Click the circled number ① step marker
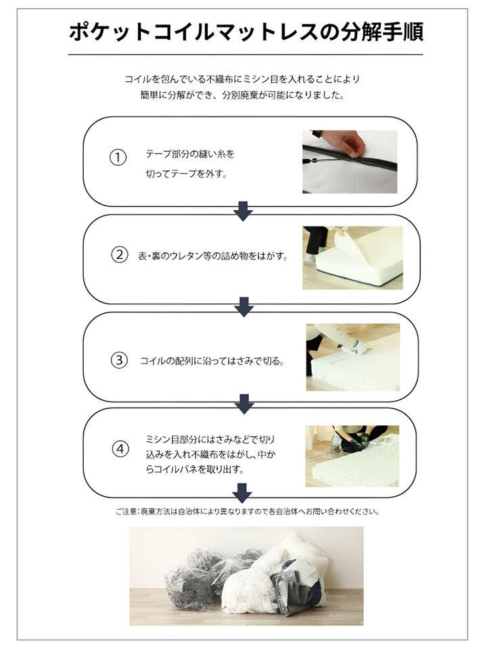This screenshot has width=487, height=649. [x=118, y=158]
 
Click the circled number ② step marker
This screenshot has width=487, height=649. [x=119, y=255]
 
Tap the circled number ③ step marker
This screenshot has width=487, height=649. [x=119, y=360]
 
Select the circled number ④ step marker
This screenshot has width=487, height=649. [x=120, y=449]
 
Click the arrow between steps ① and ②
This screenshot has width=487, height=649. [x=243, y=211]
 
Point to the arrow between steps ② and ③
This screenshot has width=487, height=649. [x=244, y=307]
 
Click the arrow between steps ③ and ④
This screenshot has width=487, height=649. [x=244, y=404]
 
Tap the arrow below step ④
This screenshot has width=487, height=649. [x=242, y=493]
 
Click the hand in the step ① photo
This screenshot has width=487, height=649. [x=344, y=143]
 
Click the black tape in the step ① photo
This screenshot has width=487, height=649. [x=350, y=158]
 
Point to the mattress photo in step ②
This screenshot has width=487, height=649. [x=353, y=258]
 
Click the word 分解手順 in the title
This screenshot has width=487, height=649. [x=381, y=32]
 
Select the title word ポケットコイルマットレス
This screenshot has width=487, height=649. [x=198, y=32]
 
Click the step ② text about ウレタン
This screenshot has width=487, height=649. [x=213, y=256]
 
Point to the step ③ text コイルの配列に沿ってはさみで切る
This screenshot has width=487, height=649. [x=212, y=361]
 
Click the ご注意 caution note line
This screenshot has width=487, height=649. [x=248, y=512]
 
